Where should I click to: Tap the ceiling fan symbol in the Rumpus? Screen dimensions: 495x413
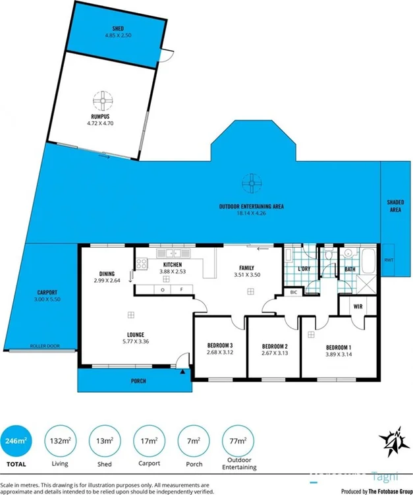(104, 102)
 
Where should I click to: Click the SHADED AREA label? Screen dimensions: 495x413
(395, 206)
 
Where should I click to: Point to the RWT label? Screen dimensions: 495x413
(389, 261)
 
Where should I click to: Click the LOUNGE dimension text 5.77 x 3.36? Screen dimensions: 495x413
(136, 342)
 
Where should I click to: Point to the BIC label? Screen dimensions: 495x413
(293, 291)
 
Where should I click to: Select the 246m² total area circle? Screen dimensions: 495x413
(20, 440)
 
